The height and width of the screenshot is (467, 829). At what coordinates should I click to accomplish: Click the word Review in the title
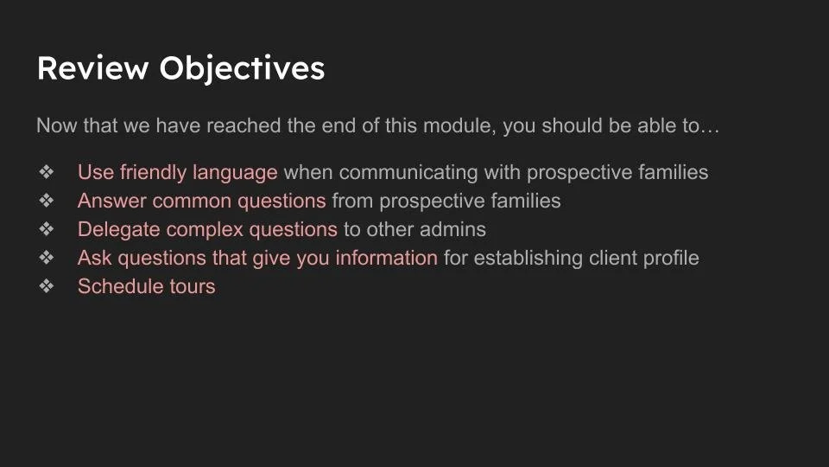click(92, 68)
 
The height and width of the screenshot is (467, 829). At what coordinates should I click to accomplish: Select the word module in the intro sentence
click(458, 126)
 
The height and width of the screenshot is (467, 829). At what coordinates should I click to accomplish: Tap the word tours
click(191, 286)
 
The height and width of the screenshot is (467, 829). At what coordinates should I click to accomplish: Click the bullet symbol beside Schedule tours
click(47, 286)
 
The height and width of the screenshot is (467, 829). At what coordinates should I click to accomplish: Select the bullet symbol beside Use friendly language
click(47, 173)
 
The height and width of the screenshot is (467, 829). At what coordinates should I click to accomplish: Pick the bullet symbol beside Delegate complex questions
click(47, 230)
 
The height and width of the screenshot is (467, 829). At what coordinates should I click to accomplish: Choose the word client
click(615, 258)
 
